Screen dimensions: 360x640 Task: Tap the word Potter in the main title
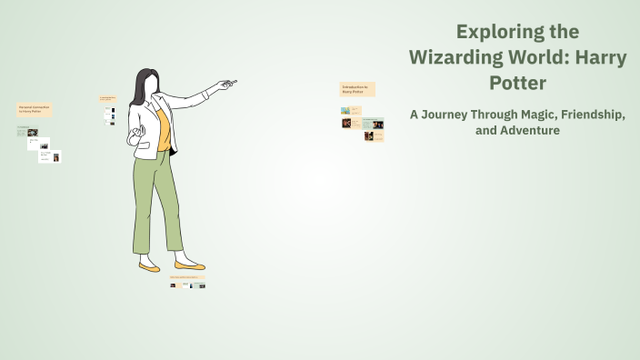click(517, 82)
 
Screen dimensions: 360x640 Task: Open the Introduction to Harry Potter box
click(357, 89)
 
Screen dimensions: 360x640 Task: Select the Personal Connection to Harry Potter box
click(35, 109)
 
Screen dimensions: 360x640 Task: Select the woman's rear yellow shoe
click(149, 267)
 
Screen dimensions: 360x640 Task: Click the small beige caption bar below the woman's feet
click(187, 277)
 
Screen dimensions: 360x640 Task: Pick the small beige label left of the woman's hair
click(108, 98)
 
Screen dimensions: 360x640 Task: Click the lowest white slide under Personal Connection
click(50, 156)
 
